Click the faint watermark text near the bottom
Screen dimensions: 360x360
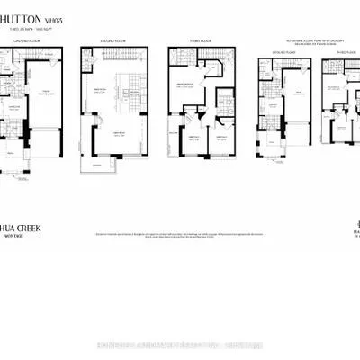point(180,346)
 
